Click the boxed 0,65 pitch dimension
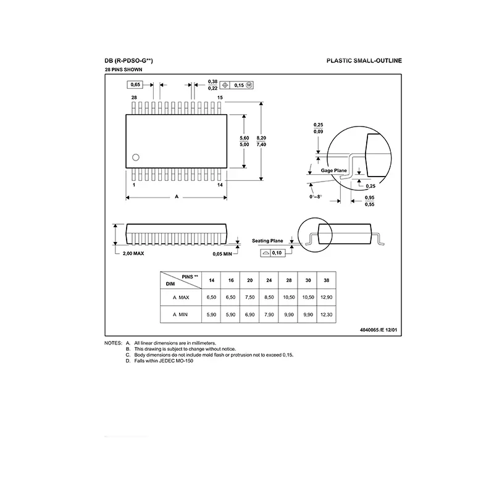135,85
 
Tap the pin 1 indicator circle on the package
136,157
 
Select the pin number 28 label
134,98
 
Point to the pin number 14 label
220,185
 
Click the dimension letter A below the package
177,196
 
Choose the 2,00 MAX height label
133,253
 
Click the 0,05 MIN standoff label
222,254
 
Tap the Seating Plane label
267,241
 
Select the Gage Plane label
333,170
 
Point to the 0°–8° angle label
316,196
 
